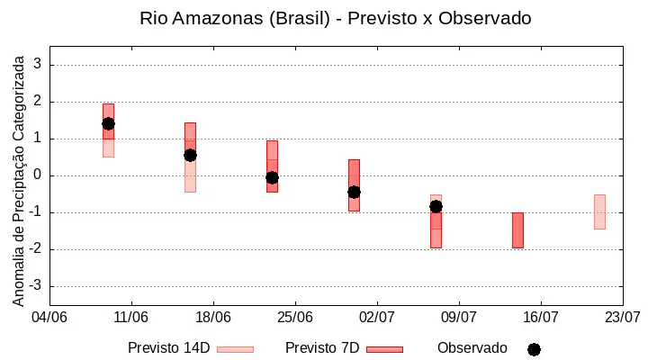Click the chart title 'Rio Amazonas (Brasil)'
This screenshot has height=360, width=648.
point(235,19)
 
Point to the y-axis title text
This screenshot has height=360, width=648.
point(18,181)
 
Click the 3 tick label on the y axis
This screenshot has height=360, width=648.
point(38,64)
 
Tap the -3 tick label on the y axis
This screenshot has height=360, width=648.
point(35,285)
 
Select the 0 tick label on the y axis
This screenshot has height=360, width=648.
point(38,175)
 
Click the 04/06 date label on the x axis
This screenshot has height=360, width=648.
point(49,318)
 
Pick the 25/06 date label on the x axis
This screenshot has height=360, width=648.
point(295,318)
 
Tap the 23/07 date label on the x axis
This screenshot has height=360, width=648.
point(623,318)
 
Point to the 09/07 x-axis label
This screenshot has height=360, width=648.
point(459,318)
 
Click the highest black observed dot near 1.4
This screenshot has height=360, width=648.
point(108,123)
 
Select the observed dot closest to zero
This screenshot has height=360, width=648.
point(272,177)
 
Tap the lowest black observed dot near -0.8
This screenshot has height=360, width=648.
point(436,207)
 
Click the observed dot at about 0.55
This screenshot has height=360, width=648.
point(190,156)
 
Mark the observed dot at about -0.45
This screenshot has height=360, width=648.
point(354,193)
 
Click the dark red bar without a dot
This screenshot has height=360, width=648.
point(517,230)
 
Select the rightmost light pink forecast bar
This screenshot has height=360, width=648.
point(599,211)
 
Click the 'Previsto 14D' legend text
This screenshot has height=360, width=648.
point(169,348)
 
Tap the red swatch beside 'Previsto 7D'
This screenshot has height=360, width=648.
point(385,350)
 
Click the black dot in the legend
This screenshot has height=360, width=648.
point(534,350)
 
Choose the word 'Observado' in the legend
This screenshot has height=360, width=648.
point(472,348)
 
